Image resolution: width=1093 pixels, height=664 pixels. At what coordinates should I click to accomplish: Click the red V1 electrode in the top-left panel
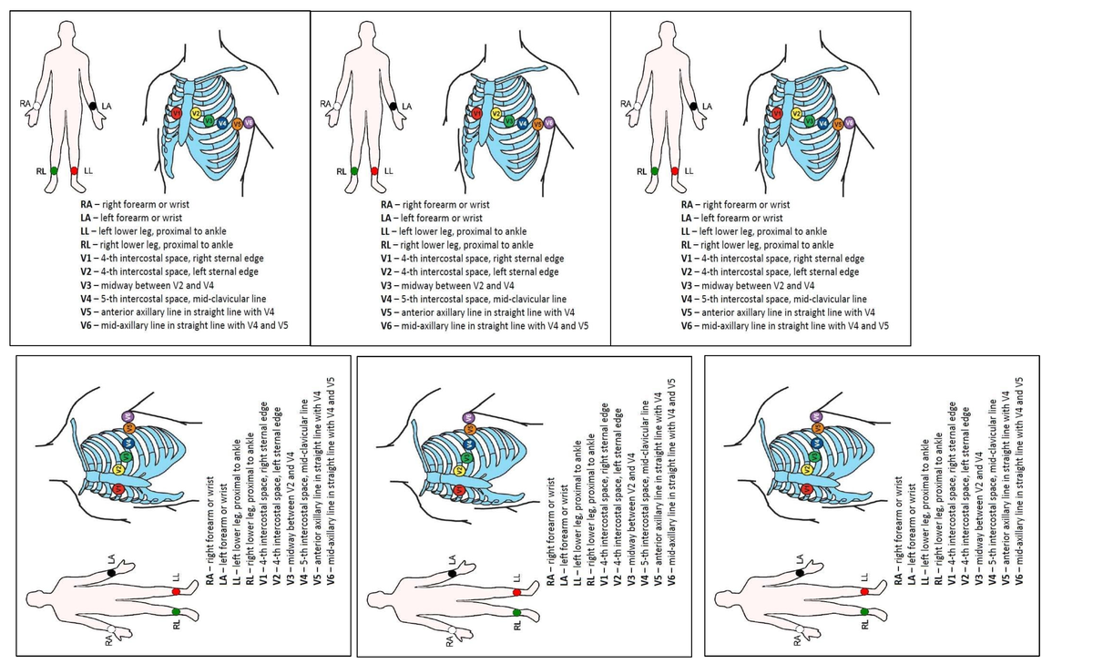tap(177, 113)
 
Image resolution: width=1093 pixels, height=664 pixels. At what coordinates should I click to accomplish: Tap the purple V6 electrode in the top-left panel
tap(249, 123)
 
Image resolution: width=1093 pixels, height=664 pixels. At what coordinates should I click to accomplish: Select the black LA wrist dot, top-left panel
tap(95, 107)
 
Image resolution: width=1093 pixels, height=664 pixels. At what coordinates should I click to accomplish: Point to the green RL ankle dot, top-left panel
tap(55, 170)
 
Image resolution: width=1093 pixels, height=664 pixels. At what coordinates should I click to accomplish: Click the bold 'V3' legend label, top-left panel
tap(88, 285)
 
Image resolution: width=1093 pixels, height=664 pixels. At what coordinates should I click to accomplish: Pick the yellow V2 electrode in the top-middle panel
tap(497, 114)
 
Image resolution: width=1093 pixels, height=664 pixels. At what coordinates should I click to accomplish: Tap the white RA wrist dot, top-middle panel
tap(336, 107)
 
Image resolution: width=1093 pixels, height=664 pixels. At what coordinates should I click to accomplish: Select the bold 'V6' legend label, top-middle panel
tap(387, 325)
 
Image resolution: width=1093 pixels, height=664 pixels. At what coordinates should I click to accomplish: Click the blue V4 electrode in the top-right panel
tap(823, 122)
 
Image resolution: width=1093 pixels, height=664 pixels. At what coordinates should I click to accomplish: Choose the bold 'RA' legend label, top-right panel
tap(690, 205)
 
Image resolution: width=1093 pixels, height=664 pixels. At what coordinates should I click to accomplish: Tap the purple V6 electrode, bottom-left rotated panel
tap(128, 417)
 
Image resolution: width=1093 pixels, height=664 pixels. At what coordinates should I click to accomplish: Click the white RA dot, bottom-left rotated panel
tap(111, 629)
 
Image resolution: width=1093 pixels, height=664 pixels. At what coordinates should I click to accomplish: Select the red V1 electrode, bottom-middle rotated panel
tap(459, 490)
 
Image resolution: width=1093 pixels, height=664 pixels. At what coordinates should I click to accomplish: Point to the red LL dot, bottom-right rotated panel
tap(864, 591)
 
